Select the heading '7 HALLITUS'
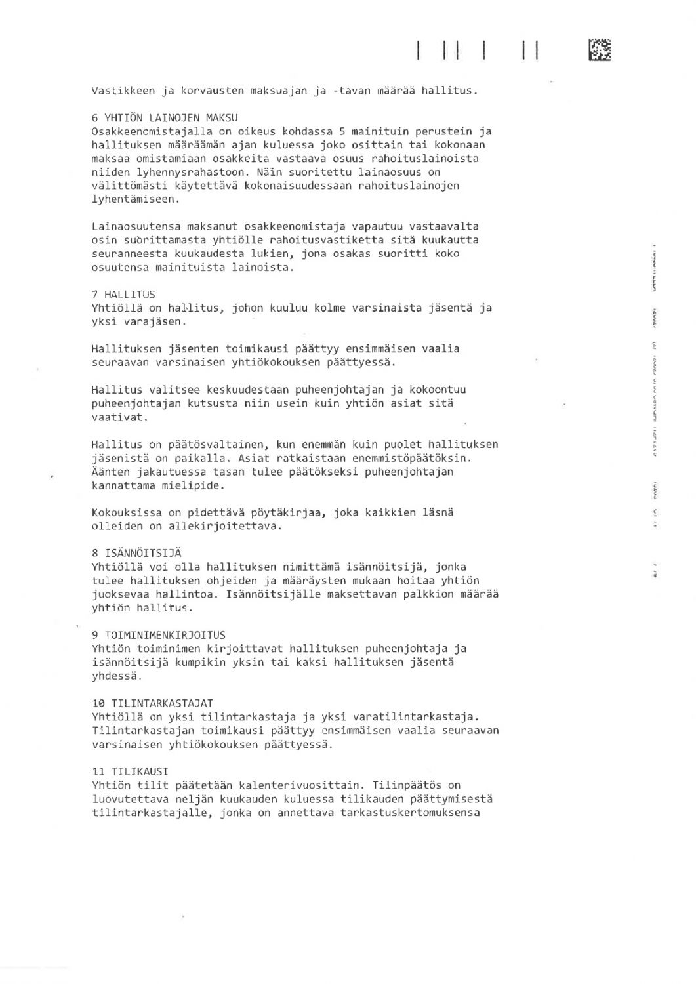coord(123,295)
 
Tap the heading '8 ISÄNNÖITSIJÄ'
coord(136,553)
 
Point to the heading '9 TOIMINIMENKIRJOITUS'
coord(158,635)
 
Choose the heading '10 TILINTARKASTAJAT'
coord(152,703)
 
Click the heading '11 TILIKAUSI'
coord(130,771)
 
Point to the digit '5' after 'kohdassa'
coord(342,131)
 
